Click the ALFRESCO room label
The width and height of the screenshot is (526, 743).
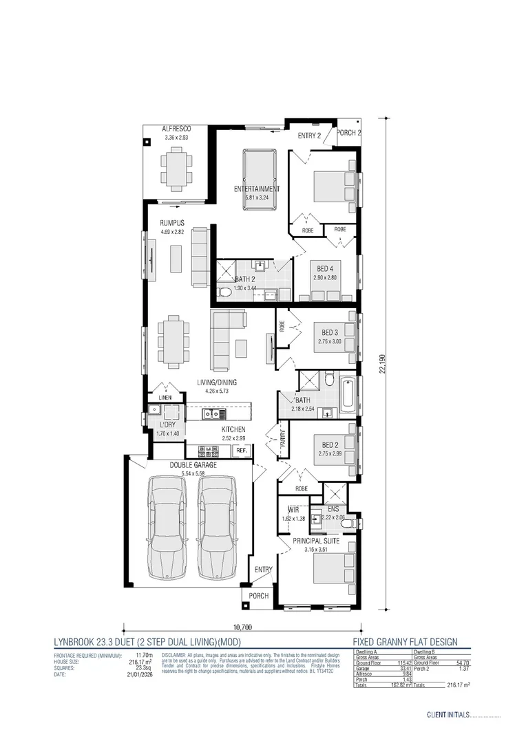pyautogui.click(x=176, y=129)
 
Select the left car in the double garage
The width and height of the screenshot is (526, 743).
pyautogui.click(x=167, y=529)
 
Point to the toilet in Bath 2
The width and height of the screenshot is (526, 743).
pyautogui.click(x=224, y=293)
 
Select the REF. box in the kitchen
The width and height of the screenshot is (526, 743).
pyautogui.click(x=242, y=450)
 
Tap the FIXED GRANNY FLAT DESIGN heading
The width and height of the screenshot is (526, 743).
pyautogui.click(x=410, y=642)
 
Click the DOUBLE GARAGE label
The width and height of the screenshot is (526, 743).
pyautogui.click(x=193, y=465)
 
